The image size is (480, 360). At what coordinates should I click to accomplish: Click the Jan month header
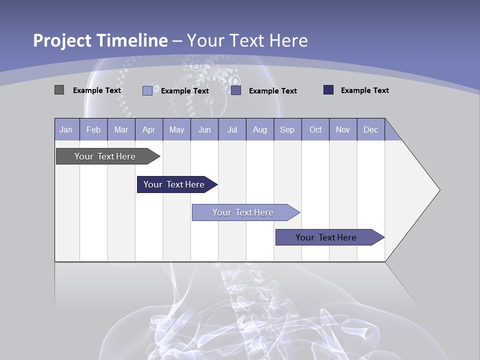pos(66,129)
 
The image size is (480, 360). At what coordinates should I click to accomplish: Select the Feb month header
pos(93,129)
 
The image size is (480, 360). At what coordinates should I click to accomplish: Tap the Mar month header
pos(121,129)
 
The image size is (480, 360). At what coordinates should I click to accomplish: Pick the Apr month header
pos(149,129)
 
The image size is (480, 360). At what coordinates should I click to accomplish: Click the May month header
pos(176,129)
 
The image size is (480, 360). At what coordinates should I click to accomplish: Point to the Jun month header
pos(204,129)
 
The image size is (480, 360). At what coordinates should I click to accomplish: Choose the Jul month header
pos(232,129)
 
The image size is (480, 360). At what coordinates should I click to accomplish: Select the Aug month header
pos(260,129)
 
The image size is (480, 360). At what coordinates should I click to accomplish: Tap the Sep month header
pos(287,129)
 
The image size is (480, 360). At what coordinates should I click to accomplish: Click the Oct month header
pos(315,129)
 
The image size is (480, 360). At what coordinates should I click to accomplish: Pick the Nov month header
pos(343,129)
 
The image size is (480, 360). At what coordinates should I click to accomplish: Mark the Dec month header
pos(371,129)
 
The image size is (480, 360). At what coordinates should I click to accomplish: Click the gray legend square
pos(59,90)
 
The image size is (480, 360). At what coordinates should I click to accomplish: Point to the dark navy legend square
pos(328,90)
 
